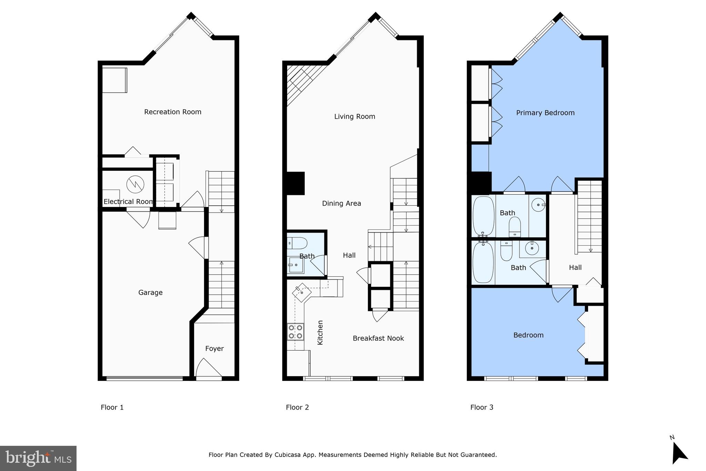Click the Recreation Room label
[x=172, y=112]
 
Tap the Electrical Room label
[x=128, y=202]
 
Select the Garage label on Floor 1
[x=150, y=293]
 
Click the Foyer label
[x=214, y=349]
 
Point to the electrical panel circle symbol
[x=135, y=184]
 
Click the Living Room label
[x=354, y=117]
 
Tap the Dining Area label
[x=341, y=204]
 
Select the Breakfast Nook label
[x=378, y=338]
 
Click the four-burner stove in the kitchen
[x=295, y=332]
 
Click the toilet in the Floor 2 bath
[x=297, y=243]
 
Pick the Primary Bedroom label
[x=545, y=113]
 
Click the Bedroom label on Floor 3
[x=528, y=335]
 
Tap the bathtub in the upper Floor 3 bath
[x=483, y=216]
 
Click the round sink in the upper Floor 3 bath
[x=538, y=205]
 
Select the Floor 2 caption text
[x=297, y=408]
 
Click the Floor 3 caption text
[x=482, y=408]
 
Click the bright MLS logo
[x=38, y=458]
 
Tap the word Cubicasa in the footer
[x=287, y=455]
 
